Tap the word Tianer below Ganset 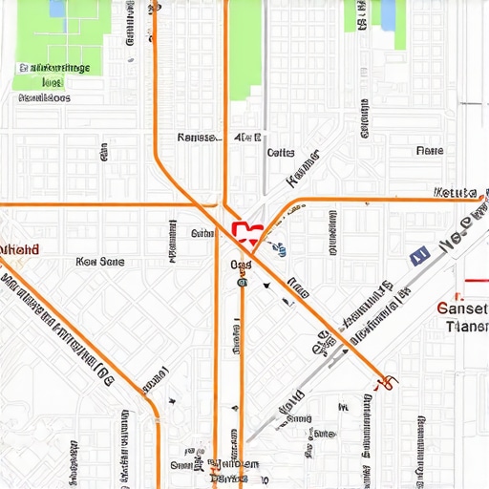[467, 327]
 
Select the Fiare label [430, 151]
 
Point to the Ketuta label [454, 192]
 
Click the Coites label [280, 152]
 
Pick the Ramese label [198, 138]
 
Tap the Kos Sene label [99, 261]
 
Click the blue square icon [417, 255]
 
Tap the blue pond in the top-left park [57, 9]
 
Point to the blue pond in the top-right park [388, 12]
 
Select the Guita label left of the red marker [202, 233]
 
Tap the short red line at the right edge [473, 284]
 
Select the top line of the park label [54, 69]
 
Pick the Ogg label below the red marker [240, 265]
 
